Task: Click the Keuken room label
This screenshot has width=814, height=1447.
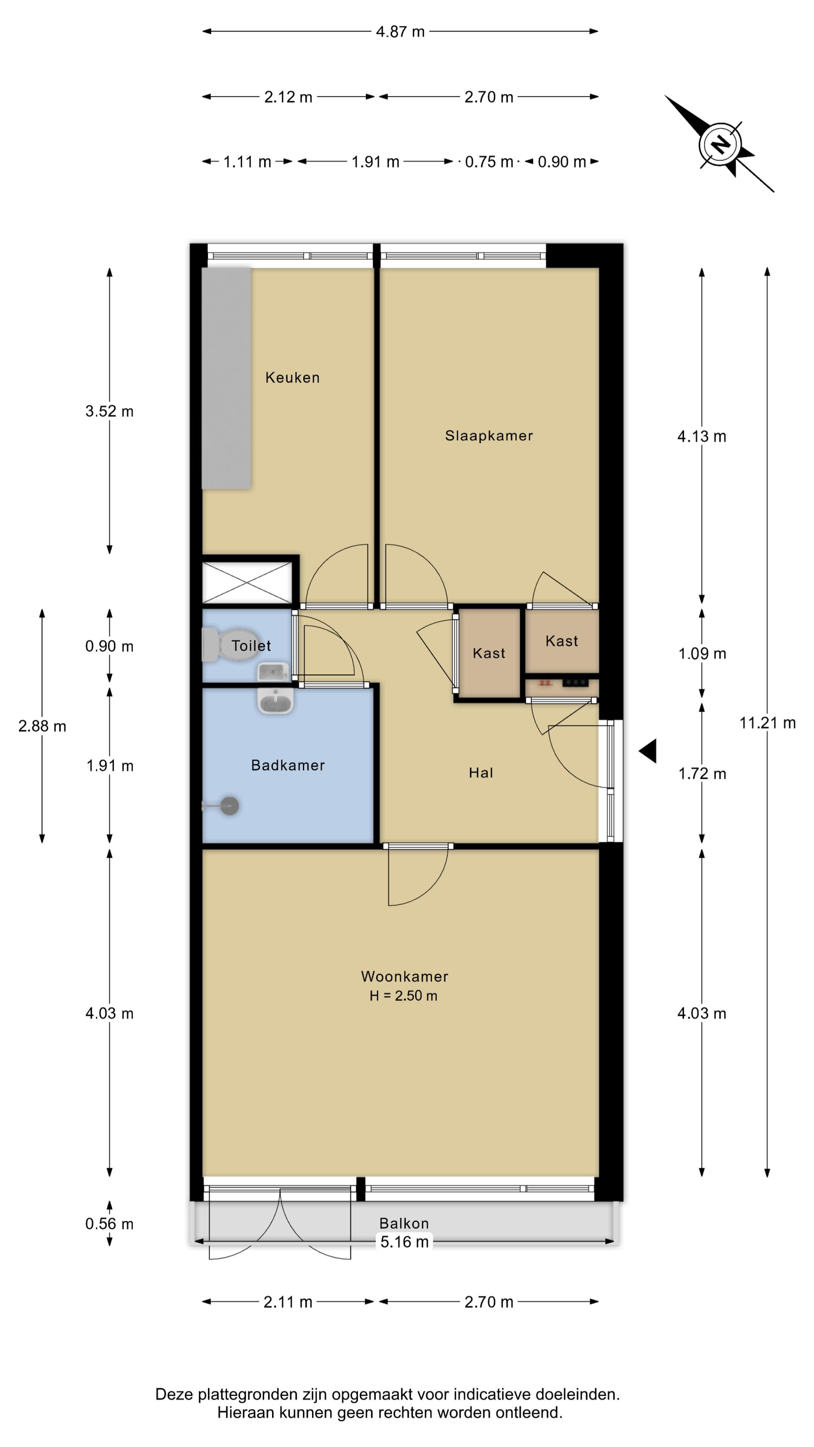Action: pos(292,378)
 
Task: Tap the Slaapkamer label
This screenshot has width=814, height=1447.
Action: pos(489,436)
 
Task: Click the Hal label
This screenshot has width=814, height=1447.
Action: pos(481,773)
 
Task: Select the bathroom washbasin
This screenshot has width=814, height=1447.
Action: pos(275,701)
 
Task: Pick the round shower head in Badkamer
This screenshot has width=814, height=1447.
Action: pos(229,806)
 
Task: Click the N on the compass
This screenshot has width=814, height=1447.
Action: pos(720,144)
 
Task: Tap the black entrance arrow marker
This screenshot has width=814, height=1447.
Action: pos(648,751)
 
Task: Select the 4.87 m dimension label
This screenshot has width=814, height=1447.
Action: pos(400,31)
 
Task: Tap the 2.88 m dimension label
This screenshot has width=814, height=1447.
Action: pos(42,726)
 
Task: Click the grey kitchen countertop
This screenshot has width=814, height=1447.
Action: pos(226,378)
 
